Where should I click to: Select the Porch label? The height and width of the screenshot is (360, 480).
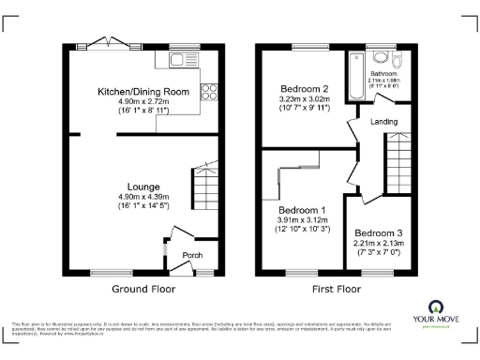point(192,255)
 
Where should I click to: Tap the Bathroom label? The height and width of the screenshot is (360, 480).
point(382,73)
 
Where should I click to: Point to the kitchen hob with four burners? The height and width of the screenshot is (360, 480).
point(207,93)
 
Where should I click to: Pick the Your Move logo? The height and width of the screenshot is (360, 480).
point(438,313)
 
